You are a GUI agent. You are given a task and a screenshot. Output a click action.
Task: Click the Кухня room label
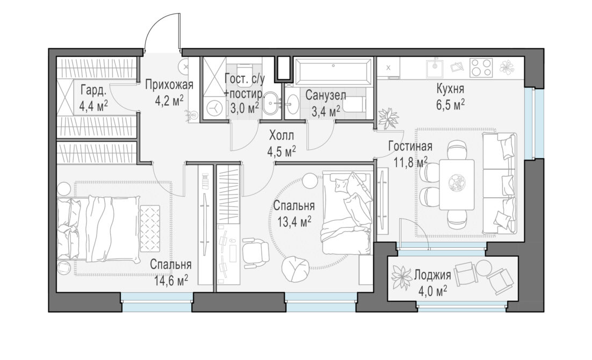coord(450,90)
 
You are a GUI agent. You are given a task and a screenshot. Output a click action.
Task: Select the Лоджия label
coord(432,275)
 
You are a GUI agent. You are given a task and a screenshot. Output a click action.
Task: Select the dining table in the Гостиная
coord(457,184)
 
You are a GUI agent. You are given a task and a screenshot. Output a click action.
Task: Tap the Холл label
coord(281,135)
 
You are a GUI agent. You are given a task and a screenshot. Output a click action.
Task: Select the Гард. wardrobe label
coord(93,91)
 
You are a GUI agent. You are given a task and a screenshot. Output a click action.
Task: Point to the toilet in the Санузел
coord(355,104)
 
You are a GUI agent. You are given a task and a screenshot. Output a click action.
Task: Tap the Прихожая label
coord(169,84)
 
